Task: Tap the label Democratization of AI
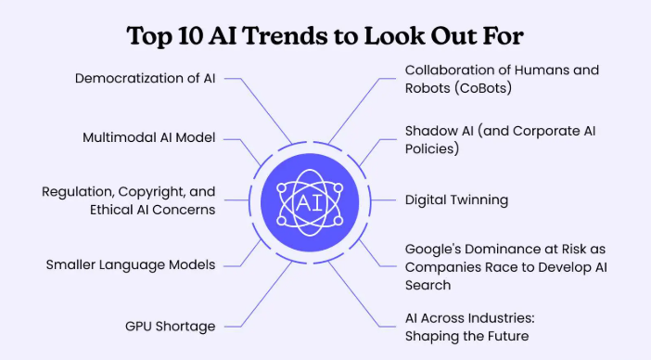146,78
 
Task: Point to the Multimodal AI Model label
149,137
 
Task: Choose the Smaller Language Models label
131,264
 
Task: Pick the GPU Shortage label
171,326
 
